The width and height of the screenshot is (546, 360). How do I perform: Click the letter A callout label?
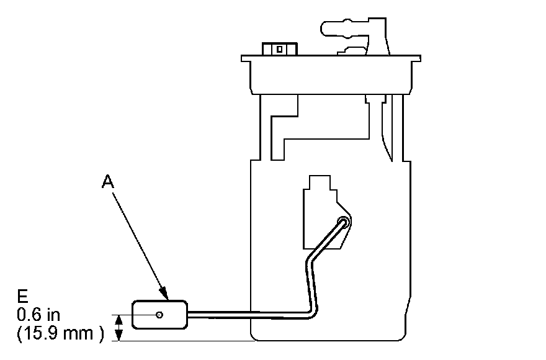(x=108, y=181)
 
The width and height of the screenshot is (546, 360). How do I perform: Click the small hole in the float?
(x=159, y=315)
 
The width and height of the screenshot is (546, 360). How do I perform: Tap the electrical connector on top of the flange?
(x=279, y=48)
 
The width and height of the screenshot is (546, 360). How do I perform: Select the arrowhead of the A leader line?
(x=164, y=293)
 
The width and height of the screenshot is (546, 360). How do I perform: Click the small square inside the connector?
(x=280, y=48)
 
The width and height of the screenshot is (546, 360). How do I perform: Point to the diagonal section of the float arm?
(x=326, y=238)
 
